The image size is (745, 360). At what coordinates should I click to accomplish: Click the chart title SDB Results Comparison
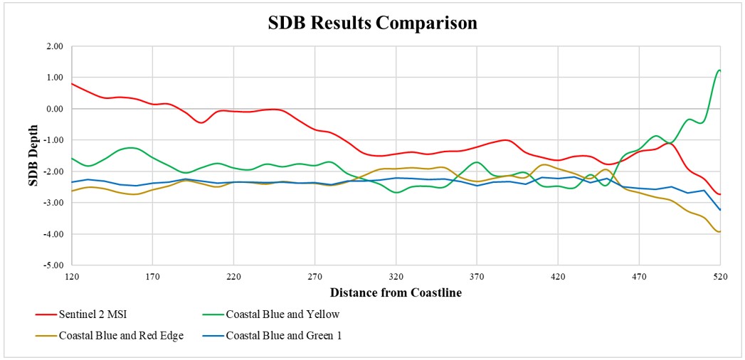click(372, 23)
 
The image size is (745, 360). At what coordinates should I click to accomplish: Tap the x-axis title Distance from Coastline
click(396, 292)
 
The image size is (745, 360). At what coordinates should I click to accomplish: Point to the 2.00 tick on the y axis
click(54, 46)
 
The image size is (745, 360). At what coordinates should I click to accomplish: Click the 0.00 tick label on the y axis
click(54, 109)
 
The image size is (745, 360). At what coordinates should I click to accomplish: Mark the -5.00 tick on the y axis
click(53, 265)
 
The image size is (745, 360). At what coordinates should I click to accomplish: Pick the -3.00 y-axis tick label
click(53, 203)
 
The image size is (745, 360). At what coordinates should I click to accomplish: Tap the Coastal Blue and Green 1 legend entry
click(283, 336)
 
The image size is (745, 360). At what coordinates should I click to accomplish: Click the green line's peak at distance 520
click(719, 70)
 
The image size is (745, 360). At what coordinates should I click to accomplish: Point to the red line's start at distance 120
click(72, 83)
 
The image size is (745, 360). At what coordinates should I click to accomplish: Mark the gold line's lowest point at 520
click(719, 231)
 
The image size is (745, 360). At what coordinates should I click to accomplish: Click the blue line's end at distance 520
click(720, 210)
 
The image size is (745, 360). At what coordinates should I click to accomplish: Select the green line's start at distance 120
click(72, 158)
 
